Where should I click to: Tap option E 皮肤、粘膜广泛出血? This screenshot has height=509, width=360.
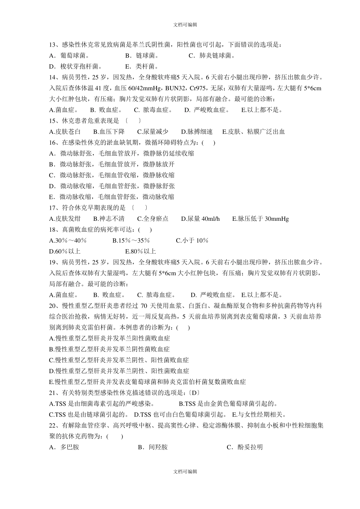point(253,132)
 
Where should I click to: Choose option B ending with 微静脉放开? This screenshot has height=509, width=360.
point(112,164)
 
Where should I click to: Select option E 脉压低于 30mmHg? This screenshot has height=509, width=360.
point(260,219)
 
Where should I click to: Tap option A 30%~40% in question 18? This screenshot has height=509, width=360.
point(68,240)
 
